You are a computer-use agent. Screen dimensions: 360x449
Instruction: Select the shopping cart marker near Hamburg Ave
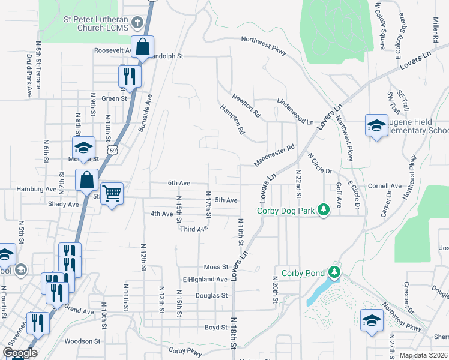pyautogui.click(x=112, y=194)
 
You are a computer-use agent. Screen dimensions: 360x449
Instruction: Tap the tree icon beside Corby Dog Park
pyautogui.click(x=324, y=209)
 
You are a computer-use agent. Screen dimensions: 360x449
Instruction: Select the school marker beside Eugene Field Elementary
pyautogui.click(x=376, y=125)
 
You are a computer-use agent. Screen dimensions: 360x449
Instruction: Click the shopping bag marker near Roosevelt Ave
pyautogui.click(x=143, y=46)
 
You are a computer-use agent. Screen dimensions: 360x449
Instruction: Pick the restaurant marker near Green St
pyautogui.click(x=128, y=76)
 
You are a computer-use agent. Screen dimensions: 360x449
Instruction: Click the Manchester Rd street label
pyautogui.click(x=274, y=155)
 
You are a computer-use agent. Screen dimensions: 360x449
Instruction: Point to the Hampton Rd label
pyautogui.click(x=233, y=119)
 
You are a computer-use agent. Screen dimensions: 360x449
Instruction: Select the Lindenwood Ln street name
pyautogui.click(x=295, y=112)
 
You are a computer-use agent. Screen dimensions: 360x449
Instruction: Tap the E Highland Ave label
pyautogui.click(x=205, y=280)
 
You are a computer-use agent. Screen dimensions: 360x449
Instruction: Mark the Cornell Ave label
pyautogui.click(x=385, y=186)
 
